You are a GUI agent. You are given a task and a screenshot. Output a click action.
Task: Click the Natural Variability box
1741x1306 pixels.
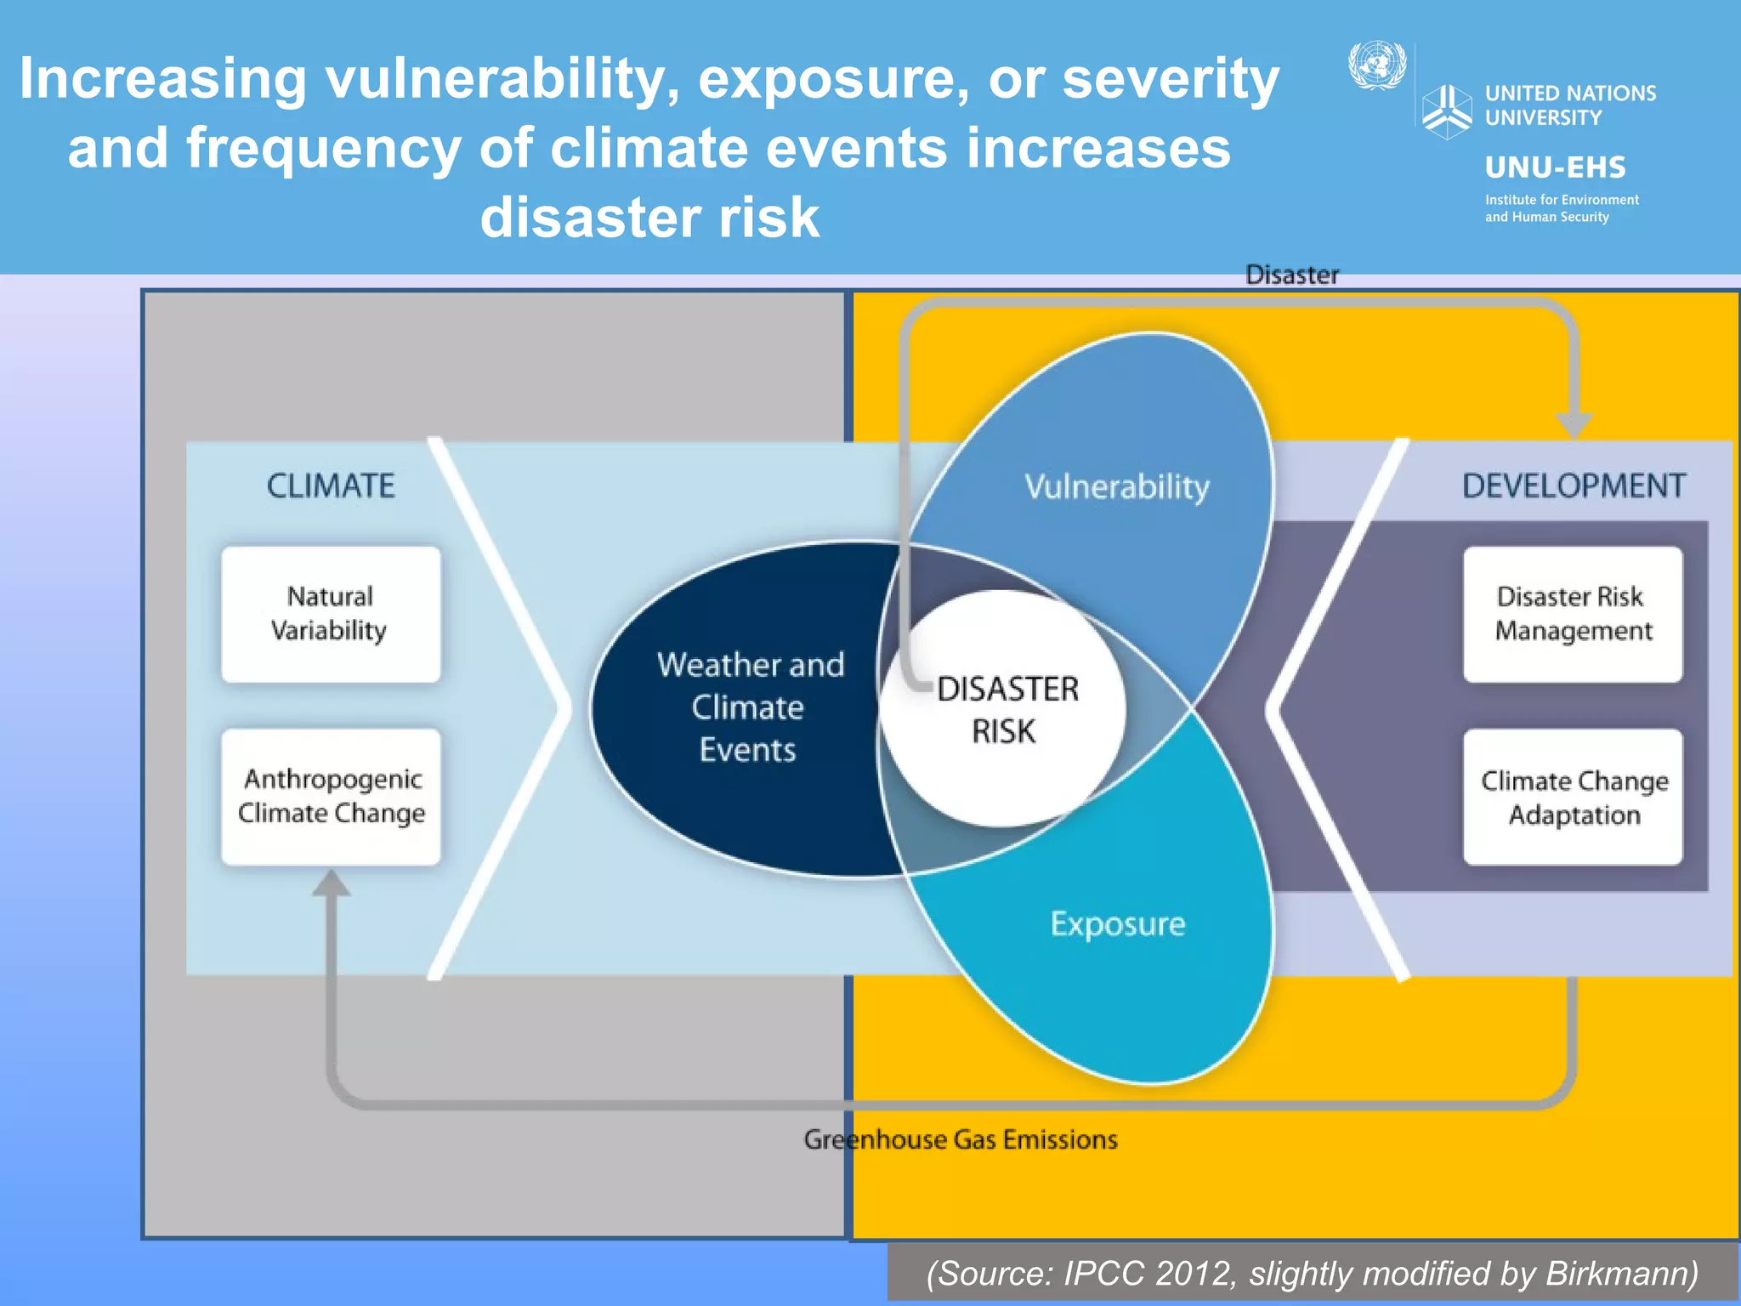point(331,614)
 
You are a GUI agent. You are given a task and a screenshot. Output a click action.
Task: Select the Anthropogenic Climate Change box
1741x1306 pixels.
point(331,796)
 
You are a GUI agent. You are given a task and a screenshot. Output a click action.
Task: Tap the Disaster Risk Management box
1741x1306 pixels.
point(1572,614)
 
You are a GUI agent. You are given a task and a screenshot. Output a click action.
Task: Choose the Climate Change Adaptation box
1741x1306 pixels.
point(1572,797)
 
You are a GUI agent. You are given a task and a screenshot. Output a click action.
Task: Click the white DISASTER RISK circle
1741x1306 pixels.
point(1003,709)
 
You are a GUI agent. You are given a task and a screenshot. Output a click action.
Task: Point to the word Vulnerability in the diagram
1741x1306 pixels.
point(1116,487)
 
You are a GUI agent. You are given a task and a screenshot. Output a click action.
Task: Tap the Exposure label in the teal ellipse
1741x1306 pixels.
point(1117,923)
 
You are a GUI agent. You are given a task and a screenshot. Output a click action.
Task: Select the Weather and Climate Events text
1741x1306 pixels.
point(749,707)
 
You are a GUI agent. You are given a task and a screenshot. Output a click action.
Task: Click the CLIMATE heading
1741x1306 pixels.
point(331,485)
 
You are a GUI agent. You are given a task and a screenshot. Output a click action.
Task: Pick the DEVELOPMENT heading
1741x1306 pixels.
point(1573,485)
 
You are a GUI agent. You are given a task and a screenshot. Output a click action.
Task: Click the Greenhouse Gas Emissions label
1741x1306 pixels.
point(961,1139)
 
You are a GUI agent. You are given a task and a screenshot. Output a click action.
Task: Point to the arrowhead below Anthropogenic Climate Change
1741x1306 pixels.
point(331,884)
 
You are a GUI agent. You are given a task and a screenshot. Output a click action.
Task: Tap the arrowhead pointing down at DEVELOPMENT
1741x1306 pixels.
point(1573,424)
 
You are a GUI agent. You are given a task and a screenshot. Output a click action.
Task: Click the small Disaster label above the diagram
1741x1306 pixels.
point(1291,275)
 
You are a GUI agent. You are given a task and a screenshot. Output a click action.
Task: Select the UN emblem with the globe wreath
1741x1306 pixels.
point(1377,65)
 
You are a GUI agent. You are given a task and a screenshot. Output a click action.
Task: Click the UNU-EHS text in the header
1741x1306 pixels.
point(1555,168)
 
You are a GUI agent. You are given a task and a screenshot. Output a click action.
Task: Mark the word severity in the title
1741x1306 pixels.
point(1170,78)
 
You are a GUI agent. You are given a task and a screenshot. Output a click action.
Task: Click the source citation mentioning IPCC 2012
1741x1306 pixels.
point(1312,1274)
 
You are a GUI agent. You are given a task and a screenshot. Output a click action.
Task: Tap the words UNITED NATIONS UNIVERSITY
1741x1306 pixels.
point(1569,105)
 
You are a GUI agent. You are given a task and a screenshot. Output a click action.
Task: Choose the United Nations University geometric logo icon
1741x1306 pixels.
point(1446,111)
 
